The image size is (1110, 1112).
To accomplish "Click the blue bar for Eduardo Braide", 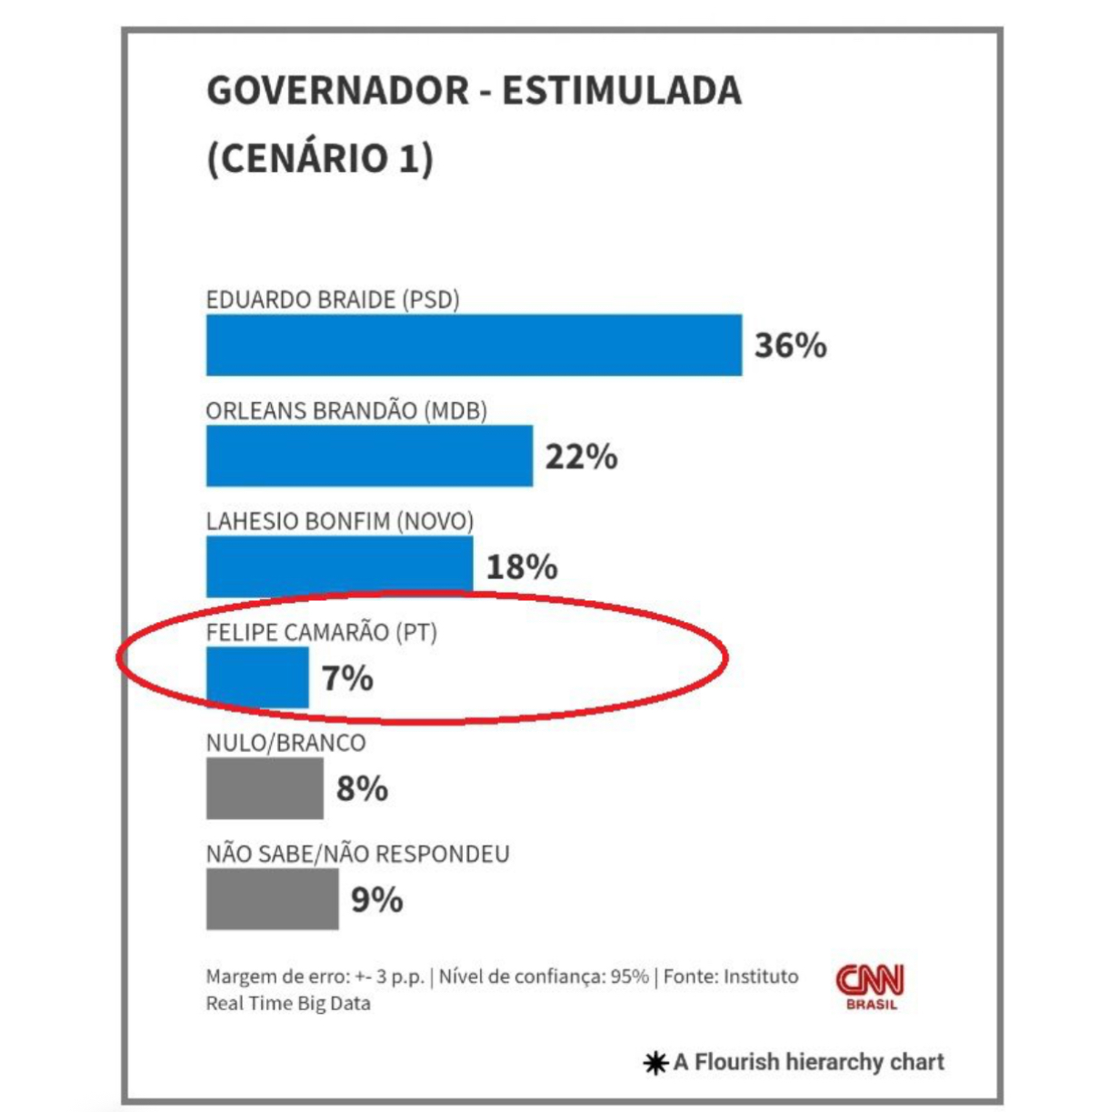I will (474, 345).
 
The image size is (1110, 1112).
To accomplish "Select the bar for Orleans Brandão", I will (369, 456).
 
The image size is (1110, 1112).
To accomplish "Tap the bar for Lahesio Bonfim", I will (339, 566).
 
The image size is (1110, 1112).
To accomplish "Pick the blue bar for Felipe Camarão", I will (257, 676).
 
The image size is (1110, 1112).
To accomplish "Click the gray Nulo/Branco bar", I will (265, 787).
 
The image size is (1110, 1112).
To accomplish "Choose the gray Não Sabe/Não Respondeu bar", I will (272, 898).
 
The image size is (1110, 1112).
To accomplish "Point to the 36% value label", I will (790, 346).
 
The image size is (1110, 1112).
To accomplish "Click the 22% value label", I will (581, 456).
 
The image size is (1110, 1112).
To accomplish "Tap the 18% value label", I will (522, 566).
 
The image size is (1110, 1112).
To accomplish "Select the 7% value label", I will (347, 677).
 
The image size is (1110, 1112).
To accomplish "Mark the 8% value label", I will (362, 788).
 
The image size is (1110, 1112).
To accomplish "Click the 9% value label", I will (376, 899).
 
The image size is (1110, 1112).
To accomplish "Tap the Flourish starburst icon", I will (655, 1062).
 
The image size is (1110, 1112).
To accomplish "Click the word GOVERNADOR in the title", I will (337, 91).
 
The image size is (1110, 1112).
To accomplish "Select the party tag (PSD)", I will (431, 300).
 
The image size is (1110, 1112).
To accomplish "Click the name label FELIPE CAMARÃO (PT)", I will (321, 632).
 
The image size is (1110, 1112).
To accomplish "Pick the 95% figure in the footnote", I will (629, 977).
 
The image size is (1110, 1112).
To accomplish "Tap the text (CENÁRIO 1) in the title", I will (320, 159).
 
